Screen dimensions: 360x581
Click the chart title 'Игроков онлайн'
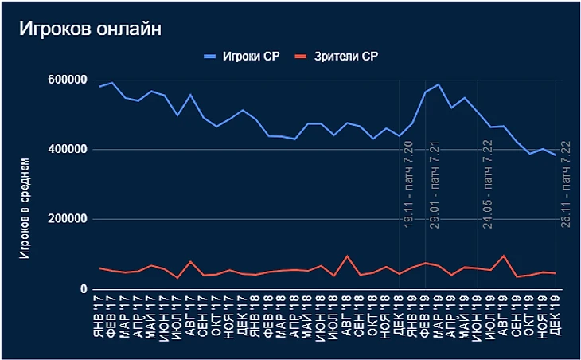pyautogui.click(x=90, y=29)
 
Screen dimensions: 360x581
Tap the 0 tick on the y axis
pyautogui.click(x=82, y=289)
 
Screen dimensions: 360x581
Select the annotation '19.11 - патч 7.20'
pyautogui.click(x=408, y=185)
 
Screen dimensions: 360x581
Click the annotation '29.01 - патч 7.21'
pyautogui.click(x=435, y=185)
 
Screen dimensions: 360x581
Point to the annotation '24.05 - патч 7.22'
pyautogui.click(x=486, y=185)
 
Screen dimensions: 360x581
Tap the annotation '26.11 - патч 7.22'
pyautogui.click(x=564, y=185)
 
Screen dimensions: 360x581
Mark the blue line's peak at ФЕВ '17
pyautogui.click(x=112, y=82)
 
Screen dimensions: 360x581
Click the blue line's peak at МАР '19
pyautogui.click(x=438, y=84)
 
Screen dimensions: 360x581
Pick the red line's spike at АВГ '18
pyautogui.click(x=347, y=256)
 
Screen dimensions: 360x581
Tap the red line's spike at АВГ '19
pyautogui.click(x=503, y=256)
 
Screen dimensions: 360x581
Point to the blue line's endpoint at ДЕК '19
pyautogui.click(x=555, y=155)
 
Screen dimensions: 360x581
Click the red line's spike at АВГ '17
pyautogui.click(x=191, y=261)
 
